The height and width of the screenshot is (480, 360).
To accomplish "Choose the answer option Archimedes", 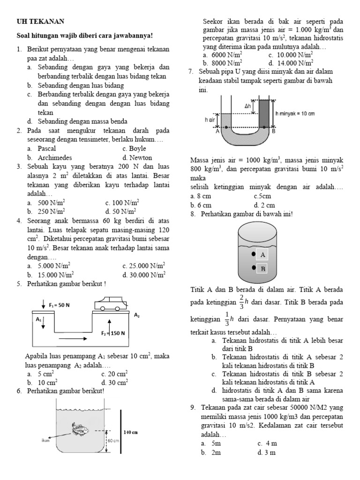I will coord(54,157).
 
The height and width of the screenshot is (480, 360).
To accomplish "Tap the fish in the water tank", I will coord(80,428).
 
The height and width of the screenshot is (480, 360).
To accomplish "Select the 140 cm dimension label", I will coord(130,432).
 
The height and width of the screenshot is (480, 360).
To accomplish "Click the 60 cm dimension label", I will coord(114,441).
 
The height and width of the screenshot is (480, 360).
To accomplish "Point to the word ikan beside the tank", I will coord(45,440).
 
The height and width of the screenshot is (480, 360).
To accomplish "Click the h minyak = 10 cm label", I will coord(295,114).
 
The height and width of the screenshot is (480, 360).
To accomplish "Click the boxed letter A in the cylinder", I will coord(263,255).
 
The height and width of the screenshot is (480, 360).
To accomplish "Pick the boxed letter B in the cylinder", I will coord(263,269).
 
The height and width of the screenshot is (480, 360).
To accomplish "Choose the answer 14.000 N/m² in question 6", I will coord(294,63).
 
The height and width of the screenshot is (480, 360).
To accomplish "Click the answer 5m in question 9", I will coord(216,443).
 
